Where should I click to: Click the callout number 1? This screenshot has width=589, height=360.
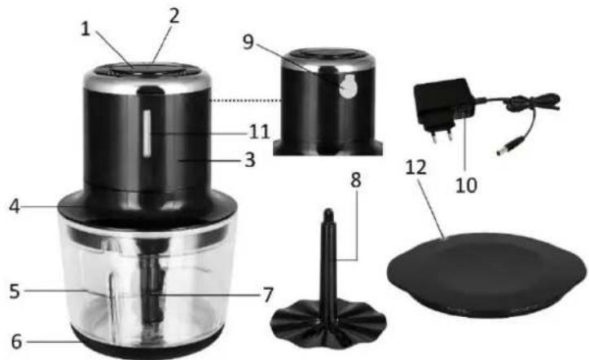(86, 29)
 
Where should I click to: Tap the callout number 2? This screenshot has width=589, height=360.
(174, 16)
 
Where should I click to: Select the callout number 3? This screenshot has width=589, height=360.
(250, 160)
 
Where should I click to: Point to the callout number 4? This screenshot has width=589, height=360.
(15, 206)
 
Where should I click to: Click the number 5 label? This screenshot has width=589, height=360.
(15, 292)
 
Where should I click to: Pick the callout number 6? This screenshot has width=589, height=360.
(16, 341)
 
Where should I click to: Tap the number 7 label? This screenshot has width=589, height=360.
(267, 295)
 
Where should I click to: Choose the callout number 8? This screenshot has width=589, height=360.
(355, 181)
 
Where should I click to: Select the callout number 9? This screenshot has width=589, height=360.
(248, 42)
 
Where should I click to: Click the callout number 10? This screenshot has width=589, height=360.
(466, 185)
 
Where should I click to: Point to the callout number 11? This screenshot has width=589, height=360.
(260, 132)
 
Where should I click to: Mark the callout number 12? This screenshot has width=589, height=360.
(416, 168)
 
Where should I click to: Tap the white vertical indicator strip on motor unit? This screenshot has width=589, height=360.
(147, 133)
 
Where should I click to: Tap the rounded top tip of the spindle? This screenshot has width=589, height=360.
(328, 213)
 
